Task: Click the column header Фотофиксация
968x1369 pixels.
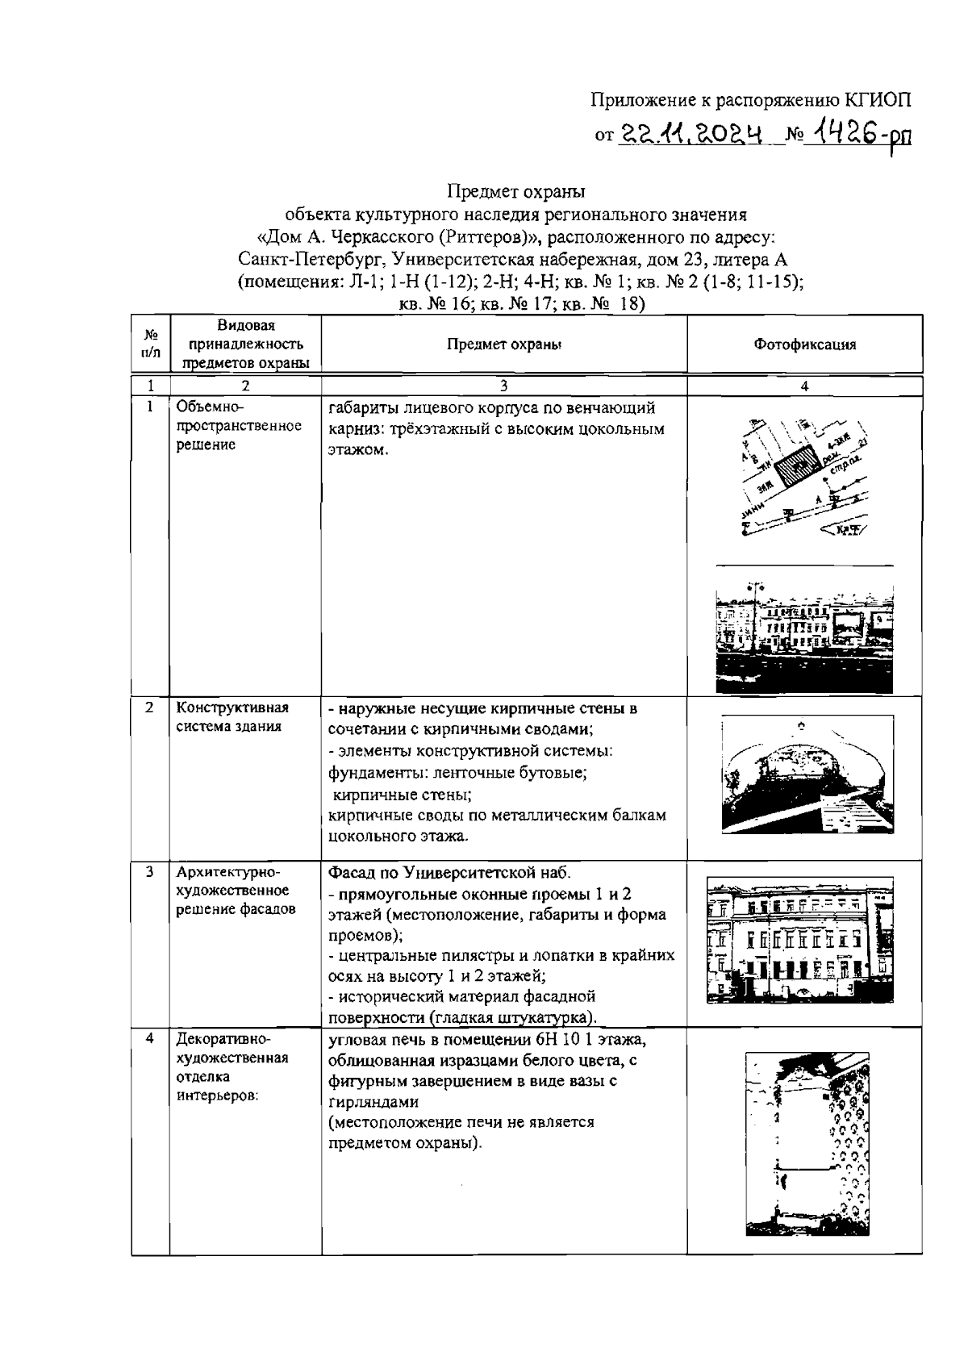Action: pyautogui.click(x=804, y=344)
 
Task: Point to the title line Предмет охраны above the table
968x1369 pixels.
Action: pyautogui.click(x=515, y=192)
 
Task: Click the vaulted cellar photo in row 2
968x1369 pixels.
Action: pyautogui.click(x=807, y=775)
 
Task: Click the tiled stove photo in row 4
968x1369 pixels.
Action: pyautogui.click(x=807, y=1143)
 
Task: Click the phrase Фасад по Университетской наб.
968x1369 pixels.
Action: pyautogui.click(x=449, y=873)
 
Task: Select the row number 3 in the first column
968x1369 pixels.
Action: pyautogui.click(x=150, y=872)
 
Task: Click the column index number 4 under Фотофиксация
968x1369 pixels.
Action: pyautogui.click(x=803, y=386)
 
